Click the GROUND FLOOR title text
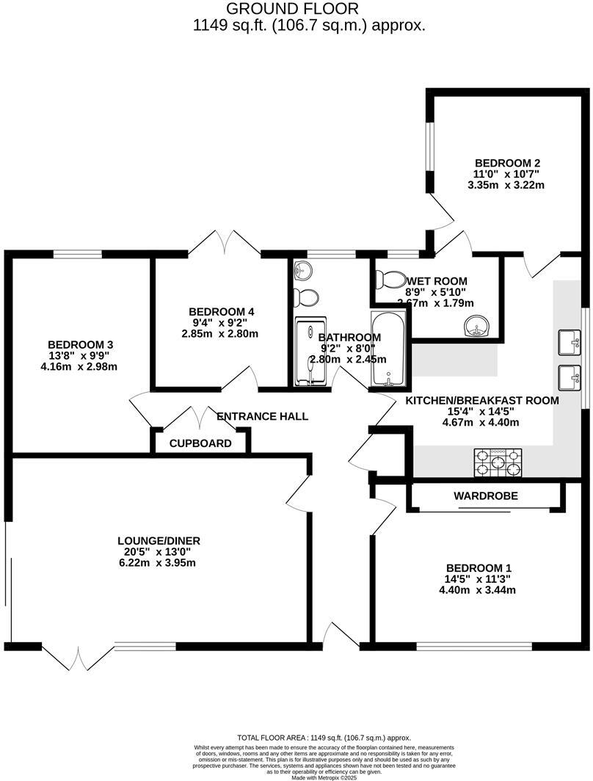(x=292, y=9)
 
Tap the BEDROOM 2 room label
(x=507, y=163)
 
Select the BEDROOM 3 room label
(x=80, y=344)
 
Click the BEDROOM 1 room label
(x=479, y=567)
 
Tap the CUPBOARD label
(x=200, y=443)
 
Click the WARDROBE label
(x=485, y=496)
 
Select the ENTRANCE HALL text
(x=262, y=416)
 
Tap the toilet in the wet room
(x=389, y=280)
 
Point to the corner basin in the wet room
(x=479, y=327)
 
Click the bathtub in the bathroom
(x=387, y=348)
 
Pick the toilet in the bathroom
(x=305, y=297)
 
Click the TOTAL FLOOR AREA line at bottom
(x=324, y=737)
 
